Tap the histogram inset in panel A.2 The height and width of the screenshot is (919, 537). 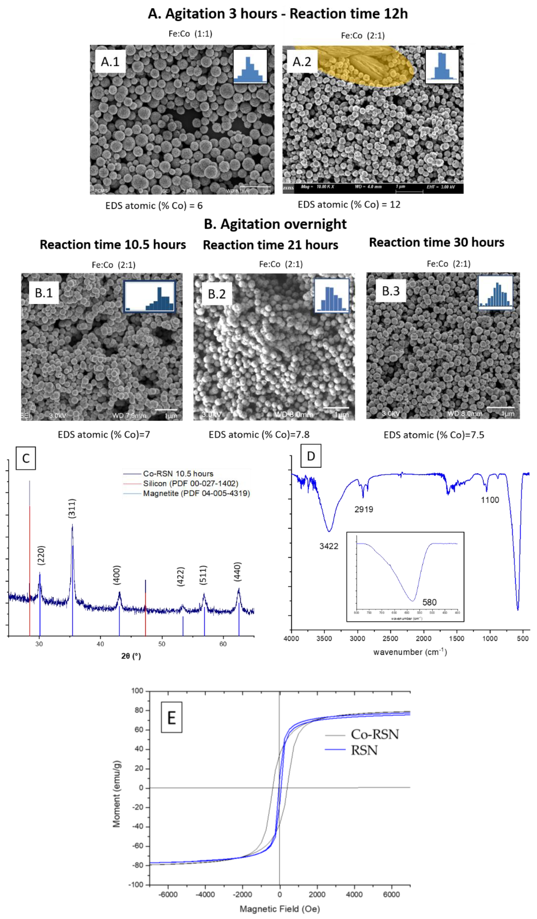click(442, 66)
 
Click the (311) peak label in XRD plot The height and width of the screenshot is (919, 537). click(72, 508)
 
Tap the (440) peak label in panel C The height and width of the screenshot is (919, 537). click(237, 572)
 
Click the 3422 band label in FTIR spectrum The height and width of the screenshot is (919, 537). click(329, 546)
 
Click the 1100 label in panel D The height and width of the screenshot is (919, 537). click(490, 500)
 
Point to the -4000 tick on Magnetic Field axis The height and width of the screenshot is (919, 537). click(205, 895)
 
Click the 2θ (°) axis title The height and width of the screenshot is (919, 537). click(131, 656)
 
